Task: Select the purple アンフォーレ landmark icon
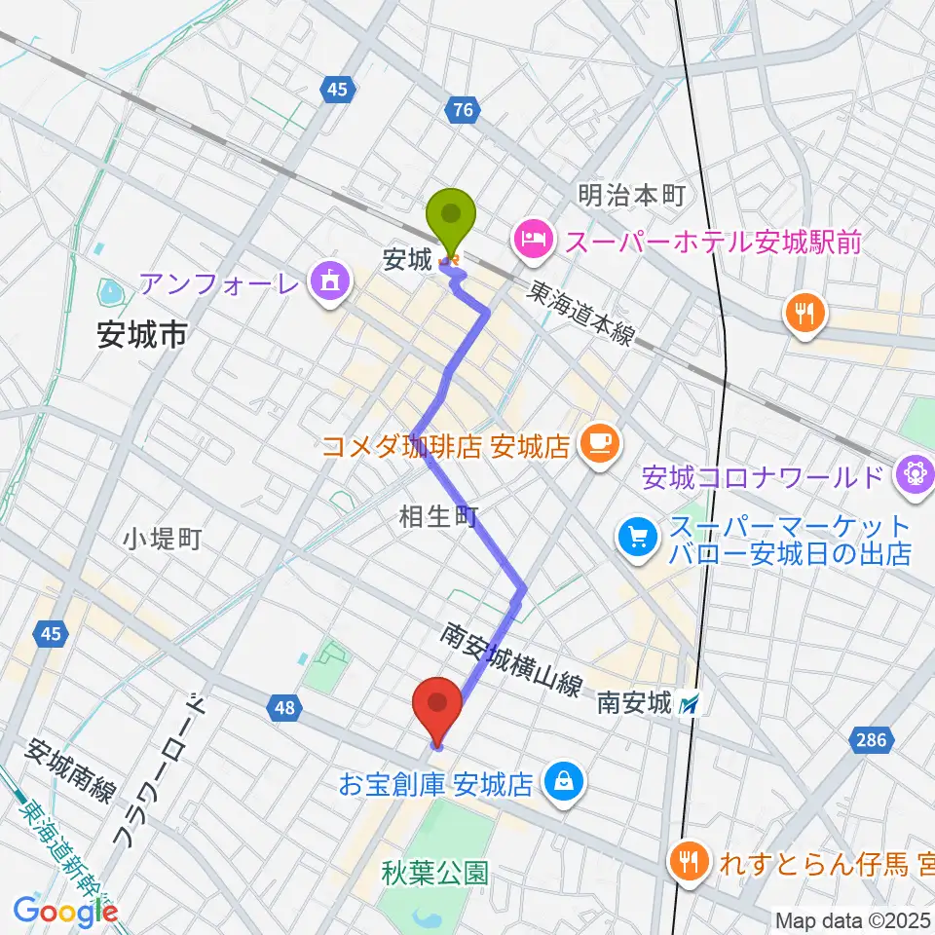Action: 324,283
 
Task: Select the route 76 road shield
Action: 463,111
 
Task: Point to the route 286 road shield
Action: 872,740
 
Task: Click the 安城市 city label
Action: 142,337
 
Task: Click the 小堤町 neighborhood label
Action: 163,539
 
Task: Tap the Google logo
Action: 66,911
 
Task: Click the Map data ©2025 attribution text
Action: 853,919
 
